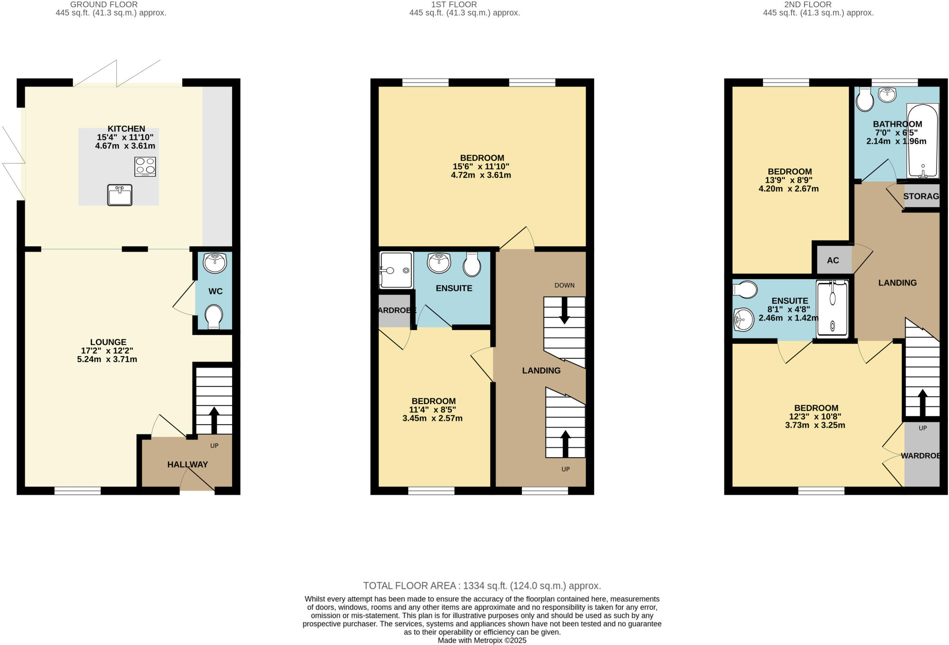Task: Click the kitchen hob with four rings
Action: click(x=145, y=166)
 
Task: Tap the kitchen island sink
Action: click(x=120, y=195)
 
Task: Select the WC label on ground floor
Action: click(x=215, y=291)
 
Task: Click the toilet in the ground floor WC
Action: click(x=213, y=317)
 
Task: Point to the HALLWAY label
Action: click(x=187, y=464)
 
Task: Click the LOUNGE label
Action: click(x=108, y=342)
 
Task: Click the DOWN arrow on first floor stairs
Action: click(x=564, y=310)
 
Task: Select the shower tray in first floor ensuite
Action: click(x=396, y=270)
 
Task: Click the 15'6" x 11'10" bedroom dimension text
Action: click(x=481, y=166)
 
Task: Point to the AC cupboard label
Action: click(x=833, y=260)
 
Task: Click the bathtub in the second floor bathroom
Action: click(x=922, y=140)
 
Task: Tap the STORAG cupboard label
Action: click(x=921, y=196)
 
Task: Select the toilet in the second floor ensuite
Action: click(x=745, y=290)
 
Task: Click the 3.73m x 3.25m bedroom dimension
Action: click(x=815, y=425)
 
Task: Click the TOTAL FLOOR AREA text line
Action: click(x=482, y=586)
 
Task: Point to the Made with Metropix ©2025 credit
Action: click(x=482, y=640)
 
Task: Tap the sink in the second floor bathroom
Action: click(x=887, y=95)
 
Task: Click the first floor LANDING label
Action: click(x=541, y=370)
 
